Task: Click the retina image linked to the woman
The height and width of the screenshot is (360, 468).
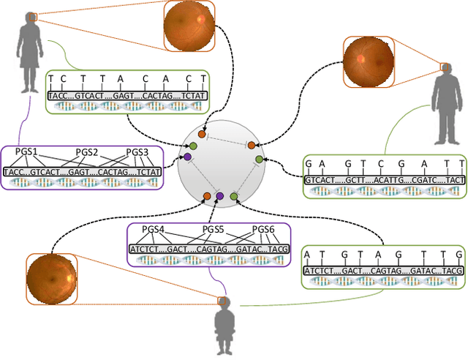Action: pyautogui.click(x=189, y=26)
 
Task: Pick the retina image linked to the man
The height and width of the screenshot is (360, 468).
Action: pyautogui.click(x=368, y=58)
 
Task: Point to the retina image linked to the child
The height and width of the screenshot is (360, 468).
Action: pyautogui.click(x=51, y=278)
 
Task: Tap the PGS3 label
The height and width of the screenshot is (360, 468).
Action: pyautogui.click(x=137, y=153)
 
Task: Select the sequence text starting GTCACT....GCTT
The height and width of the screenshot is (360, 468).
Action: pyautogui.click(x=385, y=179)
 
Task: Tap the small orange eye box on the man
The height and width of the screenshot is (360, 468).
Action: pyautogui.click(x=445, y=68)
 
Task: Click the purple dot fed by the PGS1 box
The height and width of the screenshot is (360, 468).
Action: pyautogui.click(x=187, y=157)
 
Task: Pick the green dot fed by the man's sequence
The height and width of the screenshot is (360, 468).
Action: pyautogui.click(x=258, y=159)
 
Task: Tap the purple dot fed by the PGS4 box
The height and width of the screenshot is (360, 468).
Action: pyautogui.click(x=220, y=193)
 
